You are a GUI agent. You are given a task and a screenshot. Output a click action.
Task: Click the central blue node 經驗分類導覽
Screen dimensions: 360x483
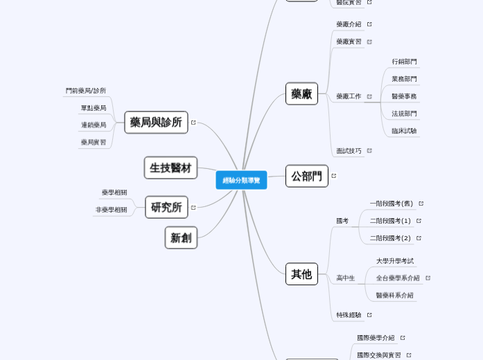click(x=241, y=180)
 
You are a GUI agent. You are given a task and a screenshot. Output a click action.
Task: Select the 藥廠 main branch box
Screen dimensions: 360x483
click(x=301, y=93)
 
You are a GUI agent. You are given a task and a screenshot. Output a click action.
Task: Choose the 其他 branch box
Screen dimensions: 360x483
click(x=301, y=274)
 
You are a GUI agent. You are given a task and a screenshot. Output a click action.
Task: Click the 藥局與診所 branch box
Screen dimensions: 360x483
click(x=156, y=123)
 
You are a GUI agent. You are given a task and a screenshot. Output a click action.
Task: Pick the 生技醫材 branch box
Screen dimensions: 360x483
click(x=170, y=168)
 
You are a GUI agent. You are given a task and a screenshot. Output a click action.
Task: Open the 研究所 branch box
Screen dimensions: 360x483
click(x=166, y=207)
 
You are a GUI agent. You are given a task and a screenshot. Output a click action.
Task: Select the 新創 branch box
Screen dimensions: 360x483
click(x=181, y=237)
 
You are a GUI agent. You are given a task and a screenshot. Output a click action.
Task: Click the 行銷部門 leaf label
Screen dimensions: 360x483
click(x=404, y=62)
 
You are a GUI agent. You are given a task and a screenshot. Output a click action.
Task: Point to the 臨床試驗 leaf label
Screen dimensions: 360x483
click(x=404, y=131)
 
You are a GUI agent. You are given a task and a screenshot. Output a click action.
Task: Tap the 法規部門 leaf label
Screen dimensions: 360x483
click(x=404, y=114)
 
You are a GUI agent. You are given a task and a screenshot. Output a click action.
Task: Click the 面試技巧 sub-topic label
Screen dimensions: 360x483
click(x=349, y=150)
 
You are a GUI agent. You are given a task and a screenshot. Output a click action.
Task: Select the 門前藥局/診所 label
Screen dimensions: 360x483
click(x=86, y=91)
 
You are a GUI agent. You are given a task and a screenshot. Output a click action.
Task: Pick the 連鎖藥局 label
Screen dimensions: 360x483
click(x=94, y=125)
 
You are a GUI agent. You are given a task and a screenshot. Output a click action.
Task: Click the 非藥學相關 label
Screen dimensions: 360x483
click(x=111, y=210)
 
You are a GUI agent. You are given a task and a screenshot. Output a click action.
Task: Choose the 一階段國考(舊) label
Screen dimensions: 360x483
click(x=391, y=204)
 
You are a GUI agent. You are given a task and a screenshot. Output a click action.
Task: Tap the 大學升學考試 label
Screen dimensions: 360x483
click(x=395, y=261)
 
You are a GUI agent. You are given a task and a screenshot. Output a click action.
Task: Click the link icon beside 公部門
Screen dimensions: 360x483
click(x=333, y=176)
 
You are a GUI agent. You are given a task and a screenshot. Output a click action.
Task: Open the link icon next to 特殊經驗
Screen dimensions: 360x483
click(x=369, y=315)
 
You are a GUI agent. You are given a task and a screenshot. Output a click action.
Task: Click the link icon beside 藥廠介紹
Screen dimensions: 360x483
click(x=369, y=24)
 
